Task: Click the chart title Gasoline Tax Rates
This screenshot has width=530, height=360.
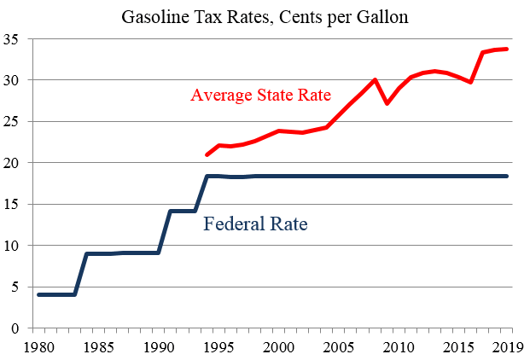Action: tap(265, 16)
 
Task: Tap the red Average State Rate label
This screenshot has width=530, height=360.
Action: tap(260, 94)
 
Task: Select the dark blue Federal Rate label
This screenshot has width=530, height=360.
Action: tap(255, 225)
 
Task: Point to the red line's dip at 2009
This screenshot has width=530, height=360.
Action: tap(387, 103)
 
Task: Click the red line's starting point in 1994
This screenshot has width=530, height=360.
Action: tap(207, 154)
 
